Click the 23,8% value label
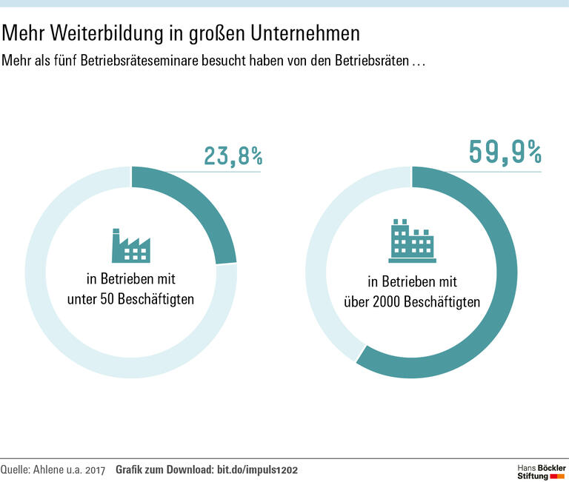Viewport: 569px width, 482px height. click(x=233, y=156)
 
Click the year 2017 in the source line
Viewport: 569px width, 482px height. click(x=96, y=470)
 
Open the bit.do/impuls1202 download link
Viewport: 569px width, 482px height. click(x=257, y=470)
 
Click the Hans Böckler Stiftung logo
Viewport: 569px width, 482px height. click(x=541, y=472)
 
